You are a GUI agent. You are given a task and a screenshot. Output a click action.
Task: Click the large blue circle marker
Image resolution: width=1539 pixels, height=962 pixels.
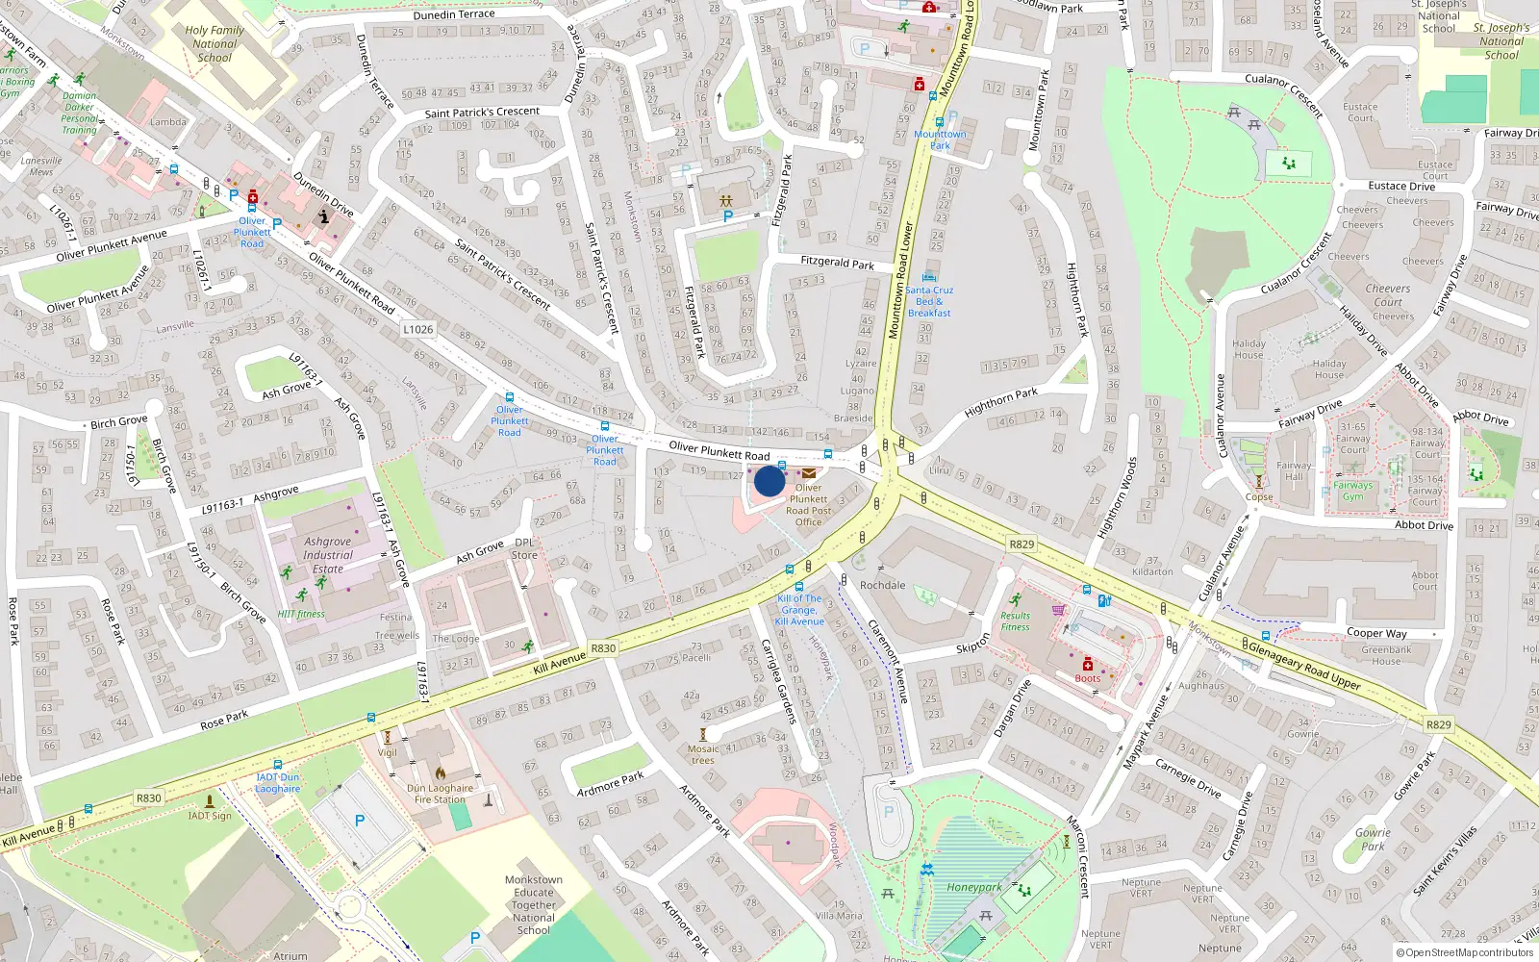pos(769,480)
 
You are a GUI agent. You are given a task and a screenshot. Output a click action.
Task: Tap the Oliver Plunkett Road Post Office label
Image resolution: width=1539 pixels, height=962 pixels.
pos(809,505)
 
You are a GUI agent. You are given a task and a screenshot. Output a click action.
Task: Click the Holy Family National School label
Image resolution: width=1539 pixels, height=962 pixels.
pos(214,44)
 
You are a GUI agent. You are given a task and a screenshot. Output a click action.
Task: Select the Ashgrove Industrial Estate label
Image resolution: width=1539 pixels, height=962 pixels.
pos(328,555)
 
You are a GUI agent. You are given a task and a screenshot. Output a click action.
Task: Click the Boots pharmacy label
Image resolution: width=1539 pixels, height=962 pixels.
pos(1088,678)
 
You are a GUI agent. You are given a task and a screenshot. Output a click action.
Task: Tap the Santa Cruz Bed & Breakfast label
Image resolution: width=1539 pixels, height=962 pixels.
pos(929,301)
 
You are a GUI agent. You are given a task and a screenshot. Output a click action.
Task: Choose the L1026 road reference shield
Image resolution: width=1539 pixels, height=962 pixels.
pos(417,329)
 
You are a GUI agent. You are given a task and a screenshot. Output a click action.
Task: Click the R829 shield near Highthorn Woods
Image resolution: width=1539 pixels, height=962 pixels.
pos(1022,544)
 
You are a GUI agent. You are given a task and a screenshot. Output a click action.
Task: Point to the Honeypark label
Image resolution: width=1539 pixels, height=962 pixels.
pos(974,888)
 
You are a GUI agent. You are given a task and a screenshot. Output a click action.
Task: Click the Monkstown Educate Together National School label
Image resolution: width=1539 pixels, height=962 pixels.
pos(534,904)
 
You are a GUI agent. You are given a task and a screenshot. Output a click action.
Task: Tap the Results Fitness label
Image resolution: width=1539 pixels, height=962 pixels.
pos(1015,621)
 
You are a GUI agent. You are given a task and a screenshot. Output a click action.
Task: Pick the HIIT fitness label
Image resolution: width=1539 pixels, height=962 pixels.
pos(301,614)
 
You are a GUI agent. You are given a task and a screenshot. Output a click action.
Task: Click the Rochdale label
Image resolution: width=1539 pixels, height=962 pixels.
pos(883,585)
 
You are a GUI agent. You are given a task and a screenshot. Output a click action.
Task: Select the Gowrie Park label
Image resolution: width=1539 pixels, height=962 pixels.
pos(1373,840)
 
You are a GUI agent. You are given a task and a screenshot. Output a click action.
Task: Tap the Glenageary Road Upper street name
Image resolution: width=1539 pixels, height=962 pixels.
pos(1303,666)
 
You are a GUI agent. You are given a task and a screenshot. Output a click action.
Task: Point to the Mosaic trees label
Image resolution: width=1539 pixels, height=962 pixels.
pos(703,754)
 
